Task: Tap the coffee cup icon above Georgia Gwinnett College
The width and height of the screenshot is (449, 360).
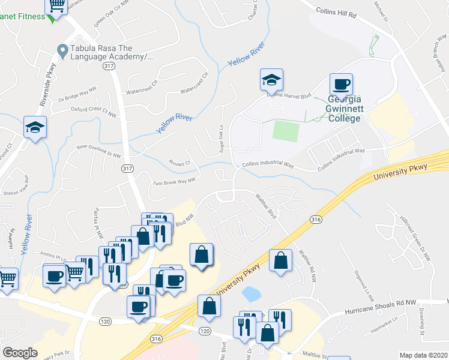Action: [341, 85]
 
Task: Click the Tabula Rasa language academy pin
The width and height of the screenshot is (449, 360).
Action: [61, 50]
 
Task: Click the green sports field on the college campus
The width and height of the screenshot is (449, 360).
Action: [286, 130]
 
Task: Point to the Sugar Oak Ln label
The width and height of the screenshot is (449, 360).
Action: [221, 142]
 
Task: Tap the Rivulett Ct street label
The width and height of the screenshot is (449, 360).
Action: [179, 162]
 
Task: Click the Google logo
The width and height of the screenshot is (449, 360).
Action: [20, 353]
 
